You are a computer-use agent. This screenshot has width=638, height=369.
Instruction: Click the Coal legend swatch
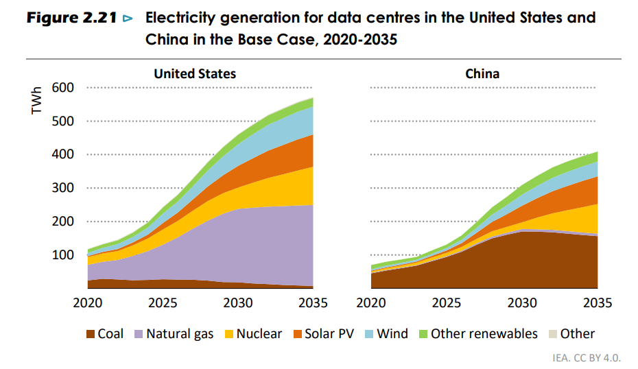pos(90,335)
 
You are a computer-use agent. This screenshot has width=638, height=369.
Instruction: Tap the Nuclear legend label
pos(259,334)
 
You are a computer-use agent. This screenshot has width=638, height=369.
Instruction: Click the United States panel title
pos(195,73)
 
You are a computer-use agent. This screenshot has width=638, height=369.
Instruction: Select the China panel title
pos(482,73)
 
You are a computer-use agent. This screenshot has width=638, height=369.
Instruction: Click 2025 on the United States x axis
pos(163,302)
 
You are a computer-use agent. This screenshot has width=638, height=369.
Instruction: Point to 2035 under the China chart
pos(596,302)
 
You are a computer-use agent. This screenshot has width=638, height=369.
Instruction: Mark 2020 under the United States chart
pos(88,302)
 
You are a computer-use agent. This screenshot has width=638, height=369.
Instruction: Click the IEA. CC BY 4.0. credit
pos(587,357)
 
